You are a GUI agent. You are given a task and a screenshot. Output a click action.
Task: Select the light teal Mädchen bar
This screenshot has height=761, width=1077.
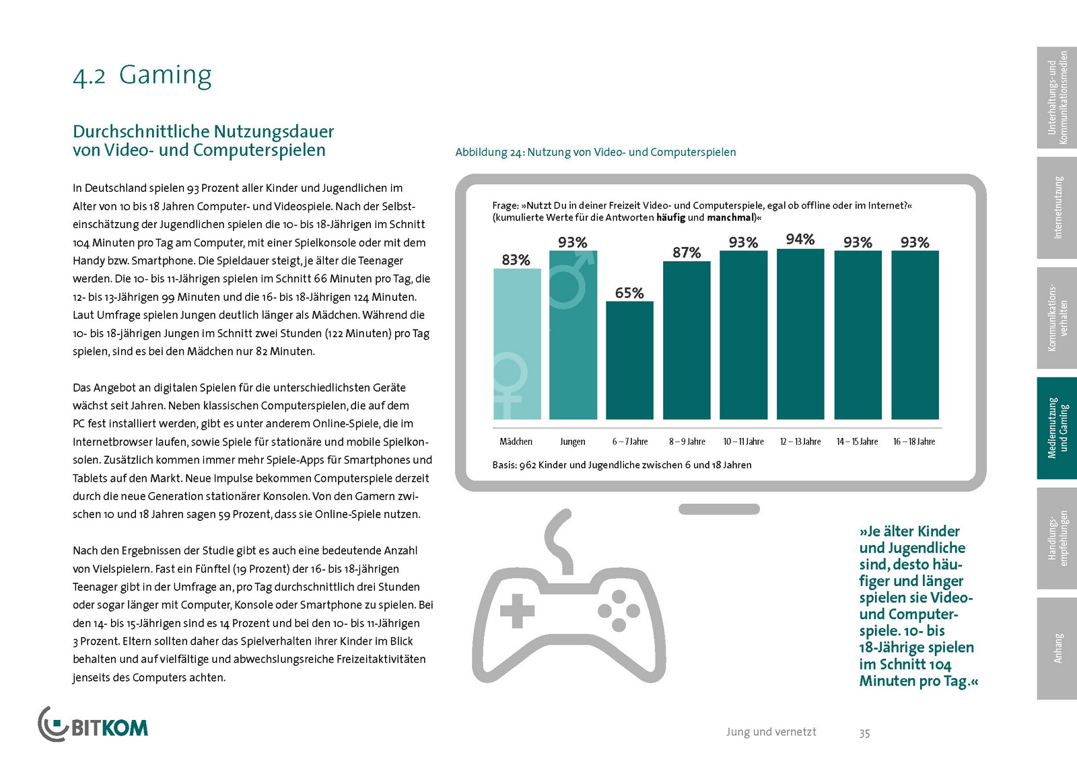(517, 344)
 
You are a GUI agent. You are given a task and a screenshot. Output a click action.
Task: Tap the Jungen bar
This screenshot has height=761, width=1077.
(573, 334)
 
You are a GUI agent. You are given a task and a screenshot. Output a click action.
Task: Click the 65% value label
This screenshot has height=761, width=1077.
(629, 293)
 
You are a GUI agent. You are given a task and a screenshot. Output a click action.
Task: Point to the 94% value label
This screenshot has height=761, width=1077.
(800, 239)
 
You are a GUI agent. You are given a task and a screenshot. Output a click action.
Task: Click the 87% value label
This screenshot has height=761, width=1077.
(687, 252)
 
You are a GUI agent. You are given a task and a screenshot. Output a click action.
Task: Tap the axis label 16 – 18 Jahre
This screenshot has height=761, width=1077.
(914, 442)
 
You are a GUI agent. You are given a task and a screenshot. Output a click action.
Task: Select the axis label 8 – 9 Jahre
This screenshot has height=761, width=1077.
(687, 442)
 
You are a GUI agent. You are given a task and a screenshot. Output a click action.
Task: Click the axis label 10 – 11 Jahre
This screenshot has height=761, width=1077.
(743, 442)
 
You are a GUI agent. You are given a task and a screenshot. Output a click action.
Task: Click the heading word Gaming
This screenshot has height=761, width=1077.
(165, 75)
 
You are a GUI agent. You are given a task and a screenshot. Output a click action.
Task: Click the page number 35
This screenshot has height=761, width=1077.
(864, 733)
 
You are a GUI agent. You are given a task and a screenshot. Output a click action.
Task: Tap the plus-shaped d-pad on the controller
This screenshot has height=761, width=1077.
(517, 611)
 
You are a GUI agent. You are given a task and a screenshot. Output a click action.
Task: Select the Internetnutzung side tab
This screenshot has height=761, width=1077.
(1057, 208)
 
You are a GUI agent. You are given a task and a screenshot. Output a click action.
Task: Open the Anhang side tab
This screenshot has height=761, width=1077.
(1057, 648)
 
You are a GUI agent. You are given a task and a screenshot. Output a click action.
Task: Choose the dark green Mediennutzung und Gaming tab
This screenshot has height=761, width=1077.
(1057, 428)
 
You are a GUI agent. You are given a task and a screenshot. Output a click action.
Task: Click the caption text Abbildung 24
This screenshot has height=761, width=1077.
(489, 152)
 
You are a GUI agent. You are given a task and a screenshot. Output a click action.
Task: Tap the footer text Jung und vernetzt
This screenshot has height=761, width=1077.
(771, 731)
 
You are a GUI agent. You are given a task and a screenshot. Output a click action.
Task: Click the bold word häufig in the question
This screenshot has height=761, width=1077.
(670, 217)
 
